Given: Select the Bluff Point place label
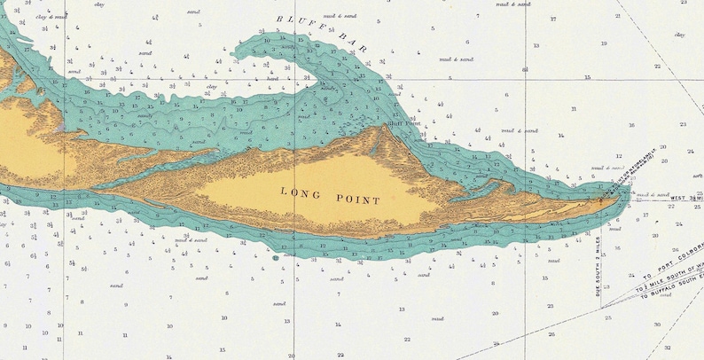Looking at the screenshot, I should (404, 124).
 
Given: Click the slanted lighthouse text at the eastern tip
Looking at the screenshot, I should (627, 176).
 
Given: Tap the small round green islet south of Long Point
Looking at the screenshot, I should (276, 258).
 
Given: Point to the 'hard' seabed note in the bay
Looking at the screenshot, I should (272, 78).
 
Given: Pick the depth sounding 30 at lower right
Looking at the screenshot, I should (657, 324).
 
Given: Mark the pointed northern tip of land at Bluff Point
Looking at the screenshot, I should (385, 128).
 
